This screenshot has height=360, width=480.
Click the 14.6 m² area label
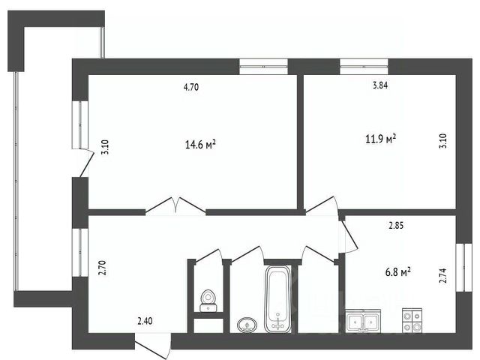pyautogui.click(x=200, y=144)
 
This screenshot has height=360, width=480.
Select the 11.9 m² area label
pyautogui.click(x=381, y=139)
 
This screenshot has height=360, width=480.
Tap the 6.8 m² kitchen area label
pyautogui.click(x=397, y=271)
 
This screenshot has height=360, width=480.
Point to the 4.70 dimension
pyautogui.click(x=191, y=87)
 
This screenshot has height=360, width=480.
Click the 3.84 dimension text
pyautogui.click(x=380, y=85)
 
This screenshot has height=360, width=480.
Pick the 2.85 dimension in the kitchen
pyautogui.click(x=396, y=226)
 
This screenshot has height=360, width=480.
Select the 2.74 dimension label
pyautogui.click(x=443, y=276)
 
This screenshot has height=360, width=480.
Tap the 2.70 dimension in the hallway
pyautogui.click(x=102, y=268)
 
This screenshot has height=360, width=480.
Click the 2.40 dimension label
pyautogui.click(x=145, y=321)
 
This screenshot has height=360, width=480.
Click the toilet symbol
pyautogui.click(x=208, y=301)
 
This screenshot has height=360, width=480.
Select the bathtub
pyautogui.click(x=277, y=298)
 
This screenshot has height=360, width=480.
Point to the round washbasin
pyautogui.click(x=247, y=325)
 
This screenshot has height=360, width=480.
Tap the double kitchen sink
pyautogui.click(x=363, y=320)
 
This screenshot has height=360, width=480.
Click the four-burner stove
pyautogui.click(x=412, y=320)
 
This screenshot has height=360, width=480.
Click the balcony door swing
pyautogui.click(x=83, y=163)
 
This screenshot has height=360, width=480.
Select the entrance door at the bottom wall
pyautogui.click(x=152, y=346)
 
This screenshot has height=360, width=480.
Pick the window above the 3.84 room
pyautogui.click(x=364, y=67)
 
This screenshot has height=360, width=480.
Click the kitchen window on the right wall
pyautogui.click(x=464, y=268)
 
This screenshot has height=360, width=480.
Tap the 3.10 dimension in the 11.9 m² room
pyautogui.click(x=443, y=141)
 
